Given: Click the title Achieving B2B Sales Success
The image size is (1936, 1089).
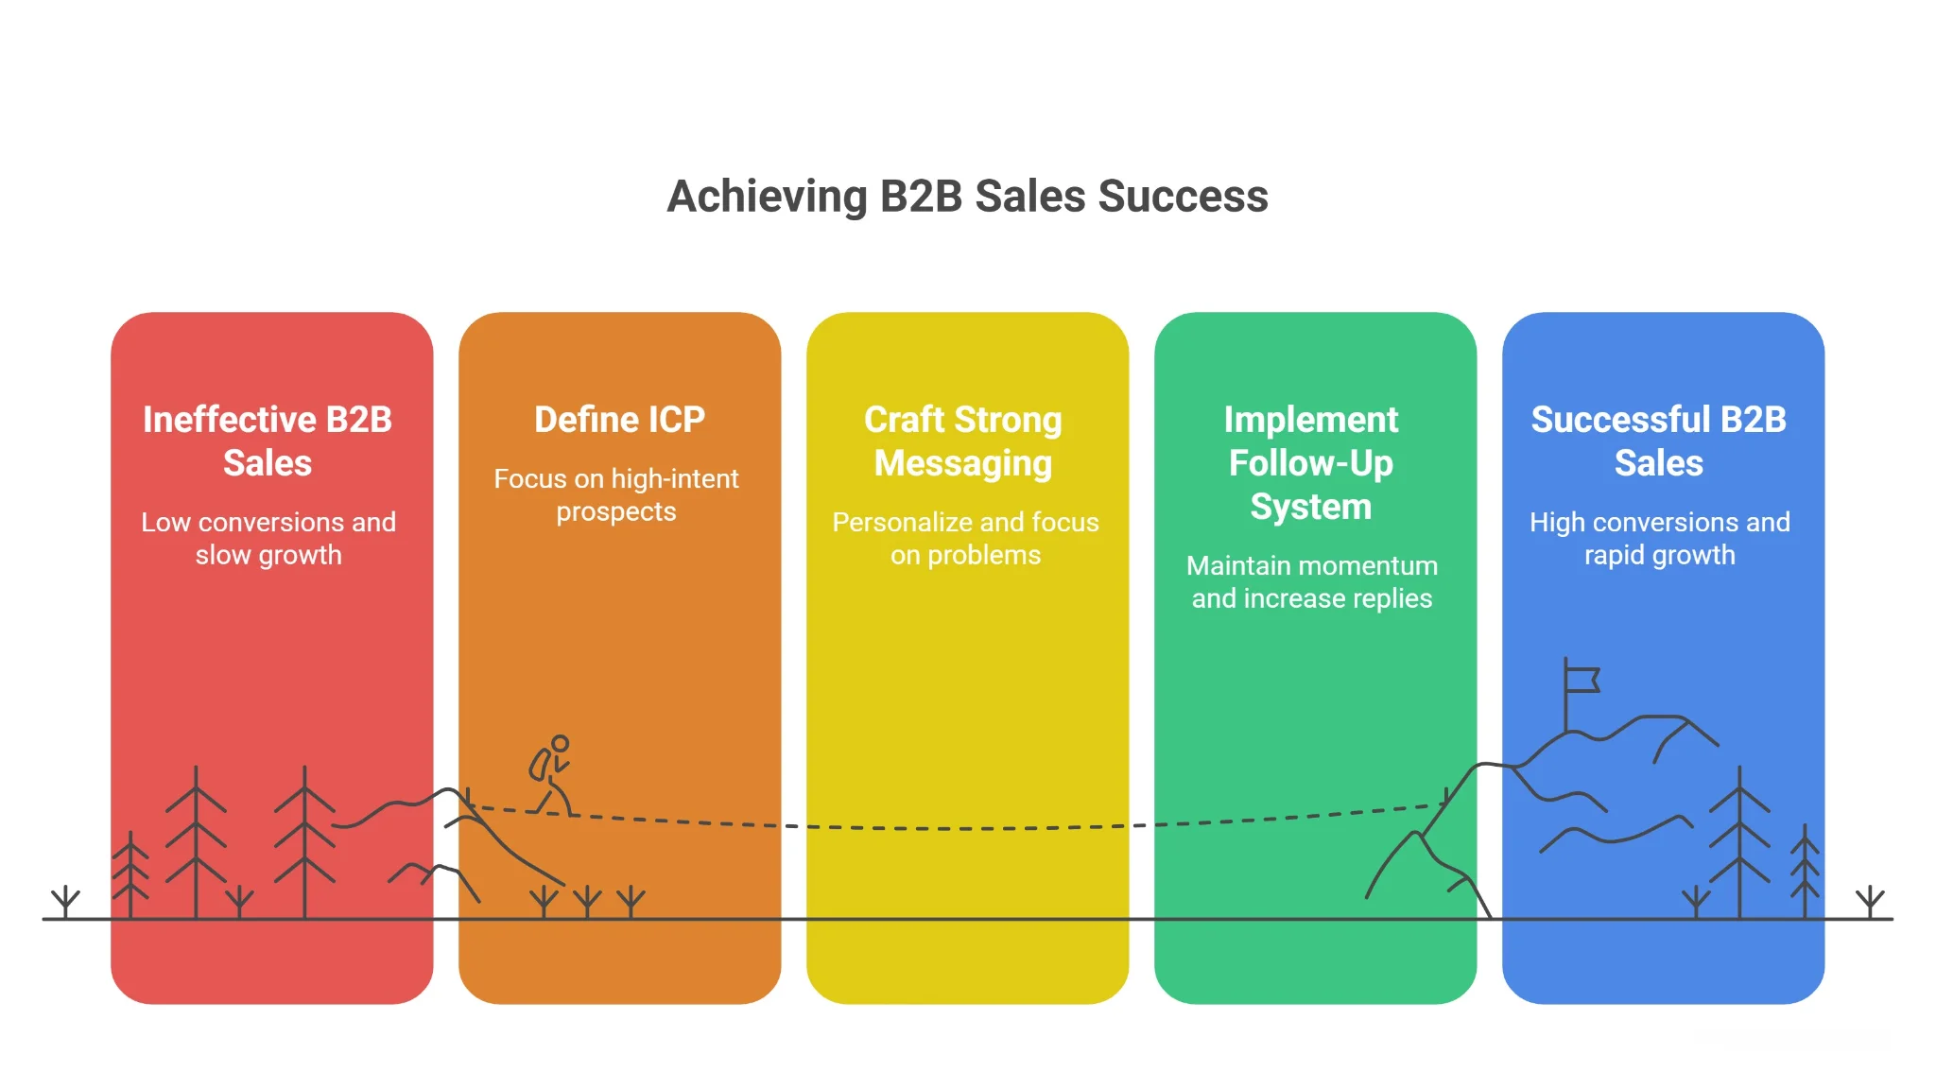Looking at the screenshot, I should click(967, 197).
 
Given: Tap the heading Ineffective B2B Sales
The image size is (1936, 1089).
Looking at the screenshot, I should click(268, 441).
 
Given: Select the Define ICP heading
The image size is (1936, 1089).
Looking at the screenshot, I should click(619, 419).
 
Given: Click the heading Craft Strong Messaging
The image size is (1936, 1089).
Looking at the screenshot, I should click(963, 441).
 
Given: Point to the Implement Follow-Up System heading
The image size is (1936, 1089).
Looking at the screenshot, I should click(1311, 462).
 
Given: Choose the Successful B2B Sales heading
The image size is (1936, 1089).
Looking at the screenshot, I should click(1659, 441).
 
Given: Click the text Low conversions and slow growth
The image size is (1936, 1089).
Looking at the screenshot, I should click(268, 538).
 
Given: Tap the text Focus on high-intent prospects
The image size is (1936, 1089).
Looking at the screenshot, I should click(616, 494).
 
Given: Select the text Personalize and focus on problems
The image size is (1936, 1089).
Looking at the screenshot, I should click(965, 538).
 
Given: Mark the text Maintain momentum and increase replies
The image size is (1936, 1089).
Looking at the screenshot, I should click(1312, 581).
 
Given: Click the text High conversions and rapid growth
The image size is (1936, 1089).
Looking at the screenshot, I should click(1660, 538).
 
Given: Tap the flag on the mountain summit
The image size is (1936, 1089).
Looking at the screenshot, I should click(1581, 680).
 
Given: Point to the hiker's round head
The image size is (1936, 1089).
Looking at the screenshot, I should click(561, 743).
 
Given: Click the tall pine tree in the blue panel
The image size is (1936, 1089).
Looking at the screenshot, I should click(1739, 841).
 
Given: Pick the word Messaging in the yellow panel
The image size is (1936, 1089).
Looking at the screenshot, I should click(963, 463).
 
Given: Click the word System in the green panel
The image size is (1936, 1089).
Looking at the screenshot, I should click(1311, 507).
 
